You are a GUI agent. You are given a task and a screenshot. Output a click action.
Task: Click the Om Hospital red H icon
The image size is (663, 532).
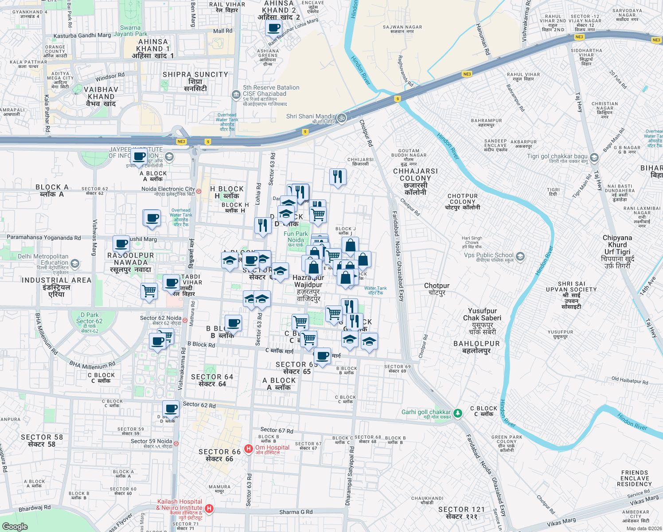click(x=249, y=449)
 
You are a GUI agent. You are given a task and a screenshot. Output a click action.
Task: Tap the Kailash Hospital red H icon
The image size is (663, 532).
click(x=209, y=509)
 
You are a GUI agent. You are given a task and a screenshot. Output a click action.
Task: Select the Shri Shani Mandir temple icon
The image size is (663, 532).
click(x=341, y=118)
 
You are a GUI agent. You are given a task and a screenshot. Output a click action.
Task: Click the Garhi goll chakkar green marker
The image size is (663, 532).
click(x=457, y=413)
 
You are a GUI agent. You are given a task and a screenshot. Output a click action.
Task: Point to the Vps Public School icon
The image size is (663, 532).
click(x=520, y=256)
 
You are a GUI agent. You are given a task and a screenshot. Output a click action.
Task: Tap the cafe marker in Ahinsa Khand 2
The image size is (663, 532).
click(x=273, y=28)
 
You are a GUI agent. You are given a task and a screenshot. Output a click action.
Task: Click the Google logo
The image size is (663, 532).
click(x=15, y=526)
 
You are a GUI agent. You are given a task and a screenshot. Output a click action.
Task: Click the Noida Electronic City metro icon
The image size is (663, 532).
click(x=199, y=192)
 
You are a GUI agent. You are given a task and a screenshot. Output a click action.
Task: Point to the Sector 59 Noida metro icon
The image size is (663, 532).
click(x=176, y=443)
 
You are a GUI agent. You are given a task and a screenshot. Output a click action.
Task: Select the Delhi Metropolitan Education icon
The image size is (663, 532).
click(x=75, y=264)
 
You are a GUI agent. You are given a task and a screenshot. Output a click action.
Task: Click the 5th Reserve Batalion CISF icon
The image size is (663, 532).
click(x=236, y=94)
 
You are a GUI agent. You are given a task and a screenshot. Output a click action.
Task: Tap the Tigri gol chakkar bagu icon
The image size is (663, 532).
click(x=594, y=157)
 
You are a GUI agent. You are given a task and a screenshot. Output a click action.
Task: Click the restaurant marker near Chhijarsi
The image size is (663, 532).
click(x=338, y=177)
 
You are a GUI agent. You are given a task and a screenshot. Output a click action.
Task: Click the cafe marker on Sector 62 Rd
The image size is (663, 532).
click(x=171, y=409)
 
